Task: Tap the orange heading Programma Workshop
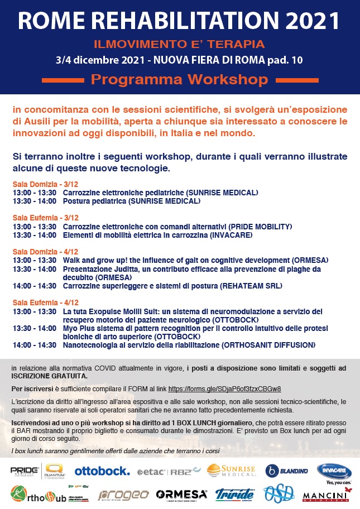(179, 79)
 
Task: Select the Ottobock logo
(102, 470)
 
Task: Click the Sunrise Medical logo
(231, 471)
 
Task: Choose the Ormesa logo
(181, 494)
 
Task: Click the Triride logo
(235, 494)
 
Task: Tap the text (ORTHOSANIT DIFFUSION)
(268, 345)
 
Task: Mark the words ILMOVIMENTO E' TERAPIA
(179, 43)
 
